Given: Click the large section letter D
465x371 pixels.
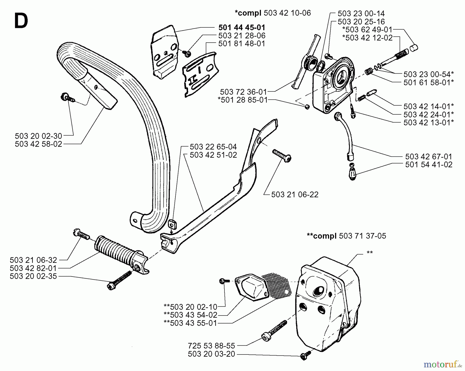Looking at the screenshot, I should [21, 21].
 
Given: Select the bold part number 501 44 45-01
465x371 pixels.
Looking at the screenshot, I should [242, 27].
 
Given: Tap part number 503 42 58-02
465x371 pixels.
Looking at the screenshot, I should [38, 144].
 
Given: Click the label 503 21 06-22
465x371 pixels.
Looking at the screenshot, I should [295, 194].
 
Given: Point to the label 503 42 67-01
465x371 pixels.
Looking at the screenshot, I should [429, 156].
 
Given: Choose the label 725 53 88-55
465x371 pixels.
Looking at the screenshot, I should [211, 345].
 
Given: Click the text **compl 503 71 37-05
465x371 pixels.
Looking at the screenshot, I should [346, 236].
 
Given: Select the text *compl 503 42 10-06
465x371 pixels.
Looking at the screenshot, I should [273, 13].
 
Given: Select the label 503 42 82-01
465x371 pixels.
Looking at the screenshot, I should [33, 268].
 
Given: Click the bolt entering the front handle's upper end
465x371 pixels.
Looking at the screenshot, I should [68, 98].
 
